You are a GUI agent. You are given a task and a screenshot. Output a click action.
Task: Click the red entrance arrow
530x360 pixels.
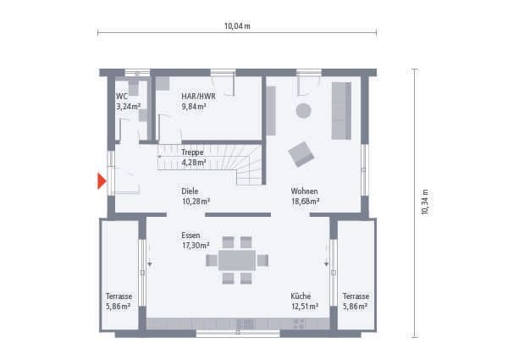click(102, 180)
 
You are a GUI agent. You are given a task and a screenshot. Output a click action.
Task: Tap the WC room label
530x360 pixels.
click(122, 97)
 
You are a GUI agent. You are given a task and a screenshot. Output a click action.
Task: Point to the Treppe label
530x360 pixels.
click(192, 152)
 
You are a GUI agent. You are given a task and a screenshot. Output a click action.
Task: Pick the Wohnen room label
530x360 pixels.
click(304, 191)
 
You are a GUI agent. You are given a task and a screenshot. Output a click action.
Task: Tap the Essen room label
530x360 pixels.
click(190, 235)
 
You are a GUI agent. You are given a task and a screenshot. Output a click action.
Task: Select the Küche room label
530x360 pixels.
click(303, 296)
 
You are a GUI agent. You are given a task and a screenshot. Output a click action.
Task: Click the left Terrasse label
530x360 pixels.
click(119, 296)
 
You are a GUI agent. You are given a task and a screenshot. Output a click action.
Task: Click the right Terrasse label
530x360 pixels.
click(356, 296)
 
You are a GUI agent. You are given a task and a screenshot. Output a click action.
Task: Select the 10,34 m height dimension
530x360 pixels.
click(425, 202)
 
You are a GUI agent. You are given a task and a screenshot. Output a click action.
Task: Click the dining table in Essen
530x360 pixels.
click(237, 260)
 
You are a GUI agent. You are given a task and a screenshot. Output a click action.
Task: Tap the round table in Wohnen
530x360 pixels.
click(302, 110)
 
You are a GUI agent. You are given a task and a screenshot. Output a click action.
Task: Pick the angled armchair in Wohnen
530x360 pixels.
click(301, 154)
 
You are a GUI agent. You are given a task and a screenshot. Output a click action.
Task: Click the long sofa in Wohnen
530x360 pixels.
click(341, 110)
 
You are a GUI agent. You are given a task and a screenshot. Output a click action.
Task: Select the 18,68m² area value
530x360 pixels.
click(305, 202)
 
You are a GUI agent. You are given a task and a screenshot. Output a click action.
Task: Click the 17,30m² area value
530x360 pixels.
click(196, 245)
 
